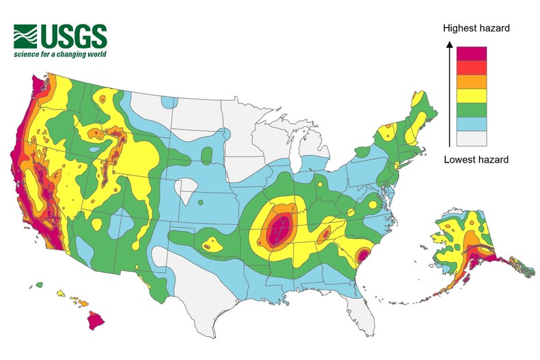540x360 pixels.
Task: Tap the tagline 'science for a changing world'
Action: tap(60, 54)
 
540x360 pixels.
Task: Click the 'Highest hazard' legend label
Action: tap(476, 28)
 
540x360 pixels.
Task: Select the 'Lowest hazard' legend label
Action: tap(476, 159)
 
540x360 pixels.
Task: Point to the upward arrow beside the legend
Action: tap(449, 92)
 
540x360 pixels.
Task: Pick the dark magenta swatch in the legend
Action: tap(472, 53)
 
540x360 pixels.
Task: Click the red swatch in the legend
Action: tap(472, 68)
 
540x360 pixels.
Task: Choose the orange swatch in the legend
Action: tap(472, 81)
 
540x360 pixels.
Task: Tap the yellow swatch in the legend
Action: tap(472, 96)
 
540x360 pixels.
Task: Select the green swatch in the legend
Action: tap(472, 110)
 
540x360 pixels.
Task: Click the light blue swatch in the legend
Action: tap(472, 124)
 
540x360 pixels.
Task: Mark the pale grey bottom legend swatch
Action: tap(472, 138)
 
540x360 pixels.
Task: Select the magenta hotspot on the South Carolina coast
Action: tap(364, 257)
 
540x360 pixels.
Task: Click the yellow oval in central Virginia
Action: tap(373, 204)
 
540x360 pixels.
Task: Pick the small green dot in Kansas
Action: tap(201, 202)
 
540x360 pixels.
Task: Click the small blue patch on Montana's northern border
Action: tap(169, 102)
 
